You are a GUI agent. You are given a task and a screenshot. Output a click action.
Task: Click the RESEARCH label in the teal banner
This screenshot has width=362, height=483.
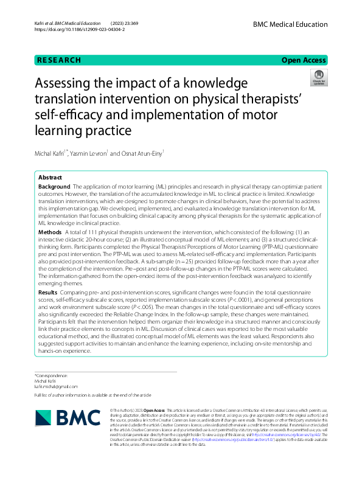coord(59,60)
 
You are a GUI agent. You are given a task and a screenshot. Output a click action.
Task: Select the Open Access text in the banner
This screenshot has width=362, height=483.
coord(304,60)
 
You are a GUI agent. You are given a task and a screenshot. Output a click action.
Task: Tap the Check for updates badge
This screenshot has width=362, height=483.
coord(319,78)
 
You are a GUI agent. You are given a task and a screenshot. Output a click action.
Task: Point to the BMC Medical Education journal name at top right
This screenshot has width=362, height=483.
coord(290,22)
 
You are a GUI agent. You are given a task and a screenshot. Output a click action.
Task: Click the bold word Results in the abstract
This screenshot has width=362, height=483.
coord(48,293)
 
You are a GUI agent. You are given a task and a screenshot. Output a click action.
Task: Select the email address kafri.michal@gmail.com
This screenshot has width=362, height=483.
coord(55,386)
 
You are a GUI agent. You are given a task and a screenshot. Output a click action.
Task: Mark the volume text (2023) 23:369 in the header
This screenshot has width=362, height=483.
coord(120,22)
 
